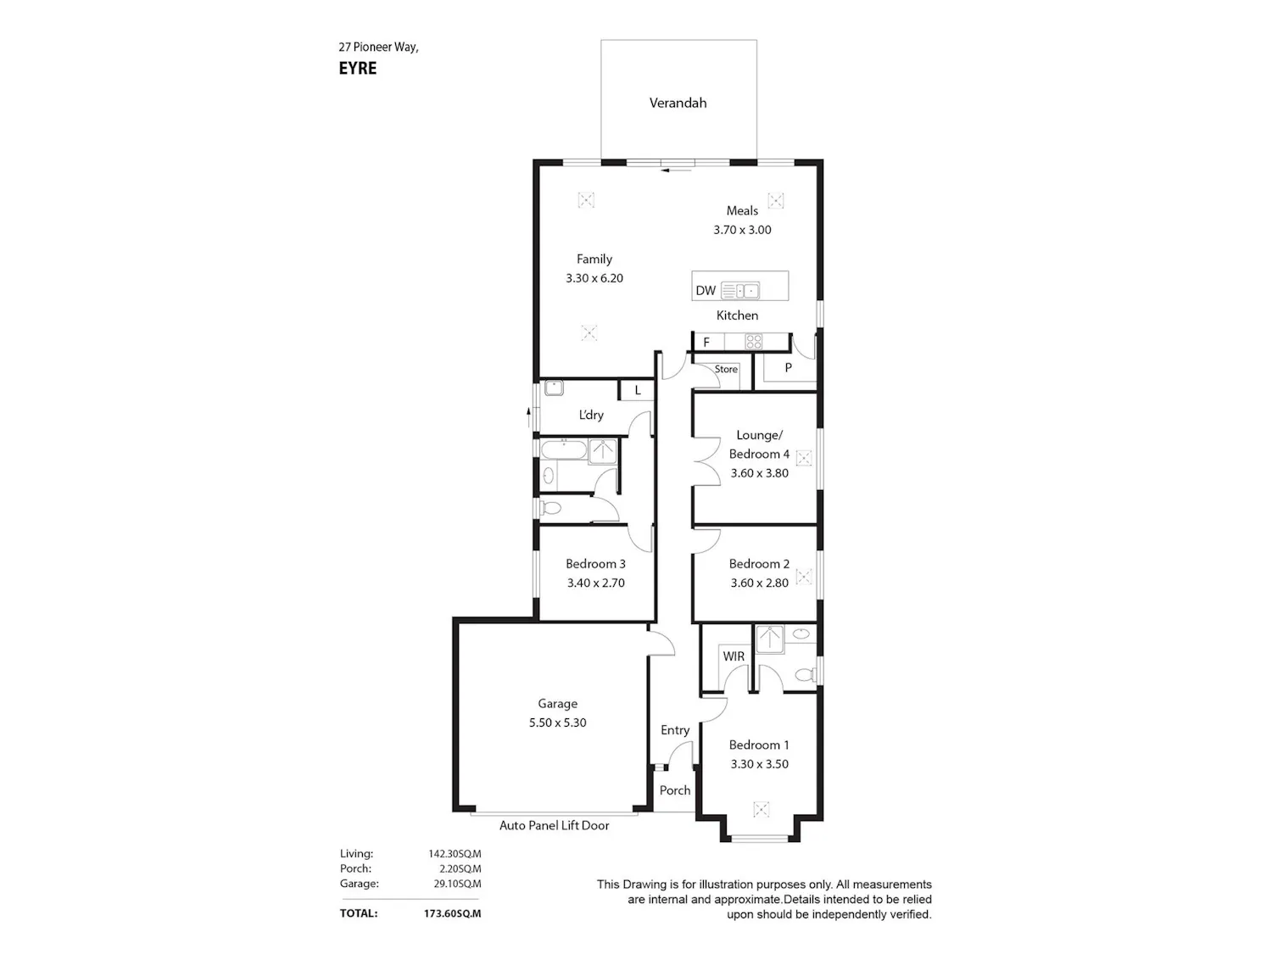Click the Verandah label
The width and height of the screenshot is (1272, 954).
coord(678,103)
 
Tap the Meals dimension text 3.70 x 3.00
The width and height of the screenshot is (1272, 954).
coord(742,230)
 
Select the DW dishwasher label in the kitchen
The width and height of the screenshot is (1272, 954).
coord(706,291)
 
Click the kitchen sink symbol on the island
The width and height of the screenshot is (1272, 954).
coord(740,291)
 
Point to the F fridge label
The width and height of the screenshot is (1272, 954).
coord(706,343)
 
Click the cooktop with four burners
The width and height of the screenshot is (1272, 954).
coord(753,342)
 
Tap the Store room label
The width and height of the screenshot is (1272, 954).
coord(726,369)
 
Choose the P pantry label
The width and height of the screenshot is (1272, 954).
coord(788,367)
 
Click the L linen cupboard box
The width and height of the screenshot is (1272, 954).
coord(637,390)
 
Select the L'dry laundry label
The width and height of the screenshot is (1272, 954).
coord(591,415)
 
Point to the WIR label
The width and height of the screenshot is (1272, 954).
coord(734,656)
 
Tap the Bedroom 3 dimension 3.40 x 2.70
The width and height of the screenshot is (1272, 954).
coord(596,583)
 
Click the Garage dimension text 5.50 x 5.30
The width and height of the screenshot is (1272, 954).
coord(557,722)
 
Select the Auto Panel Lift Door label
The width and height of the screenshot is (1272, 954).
coord(554,825)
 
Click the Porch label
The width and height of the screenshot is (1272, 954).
coord(675,790)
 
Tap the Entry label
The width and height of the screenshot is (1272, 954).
coord(675,730)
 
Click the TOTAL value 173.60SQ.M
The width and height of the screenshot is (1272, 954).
coord(452,913)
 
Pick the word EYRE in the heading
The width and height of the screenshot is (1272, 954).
coord(358,69)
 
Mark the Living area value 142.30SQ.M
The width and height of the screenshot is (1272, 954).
coord(455,854)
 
